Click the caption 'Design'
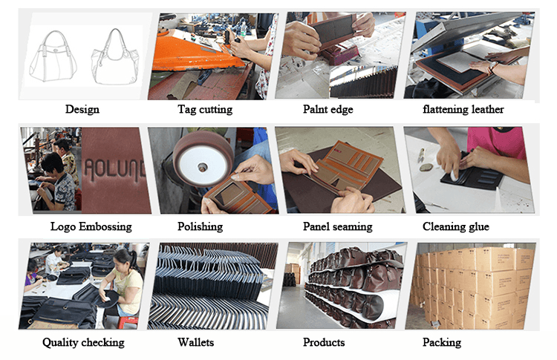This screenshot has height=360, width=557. [82, 109]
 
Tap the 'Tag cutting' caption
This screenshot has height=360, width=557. [205, 109]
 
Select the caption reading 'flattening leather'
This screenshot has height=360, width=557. [463, 109]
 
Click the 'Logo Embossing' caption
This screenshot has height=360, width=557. [91, 226]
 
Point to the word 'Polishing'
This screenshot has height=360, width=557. [200, 226]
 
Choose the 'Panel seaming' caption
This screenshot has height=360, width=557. [337, 226]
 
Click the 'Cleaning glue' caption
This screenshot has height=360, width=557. [456, 226]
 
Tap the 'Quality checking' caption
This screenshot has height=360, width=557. [83, 343]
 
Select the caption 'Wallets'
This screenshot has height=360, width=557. [196, 342]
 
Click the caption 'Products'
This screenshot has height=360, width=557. [324, 342]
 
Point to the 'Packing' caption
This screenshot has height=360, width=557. [442, 343]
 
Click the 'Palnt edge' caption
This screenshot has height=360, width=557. [328, 109]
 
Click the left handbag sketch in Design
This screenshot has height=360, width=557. [53, 57]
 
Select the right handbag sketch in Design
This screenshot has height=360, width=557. [114, 57]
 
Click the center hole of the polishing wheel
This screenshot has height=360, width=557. [203, 166]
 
